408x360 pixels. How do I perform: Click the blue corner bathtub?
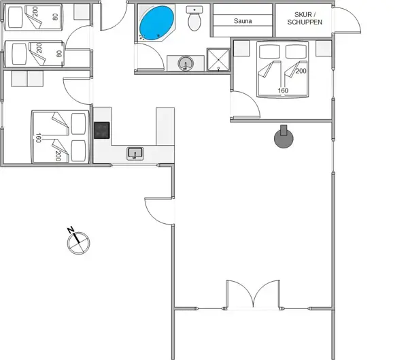click(x=156, y=24)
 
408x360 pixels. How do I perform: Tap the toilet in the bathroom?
click(x=195, y=20)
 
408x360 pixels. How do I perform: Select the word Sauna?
click(x=243, y=22)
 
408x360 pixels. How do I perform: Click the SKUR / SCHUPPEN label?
click(x=304, y=18)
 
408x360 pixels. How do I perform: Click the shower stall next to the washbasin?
click(x=218, y=60)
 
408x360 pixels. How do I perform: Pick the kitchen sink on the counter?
click(x=135, y=154)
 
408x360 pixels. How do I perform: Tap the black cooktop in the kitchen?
click(x=101, y=130)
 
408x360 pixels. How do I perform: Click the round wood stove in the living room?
click(x=284, y=139)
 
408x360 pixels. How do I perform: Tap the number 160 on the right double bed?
click(x=283, y=91)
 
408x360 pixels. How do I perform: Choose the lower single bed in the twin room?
click(x=33, y=54)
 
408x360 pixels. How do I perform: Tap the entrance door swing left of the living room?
click(x=156, y=208)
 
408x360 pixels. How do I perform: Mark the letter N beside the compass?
click(x=71, y=231)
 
